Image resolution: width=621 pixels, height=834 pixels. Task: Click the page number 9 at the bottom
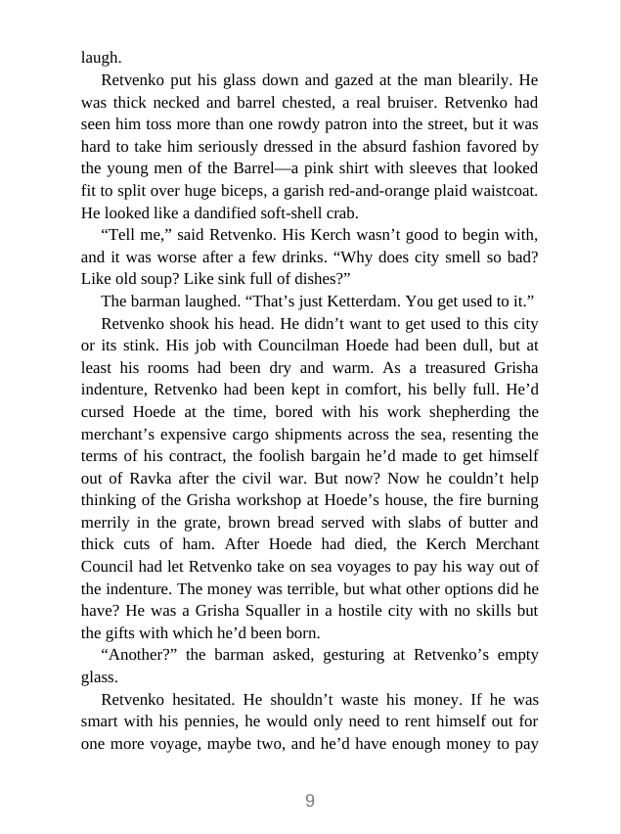310,801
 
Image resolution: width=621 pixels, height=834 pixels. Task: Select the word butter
472,522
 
